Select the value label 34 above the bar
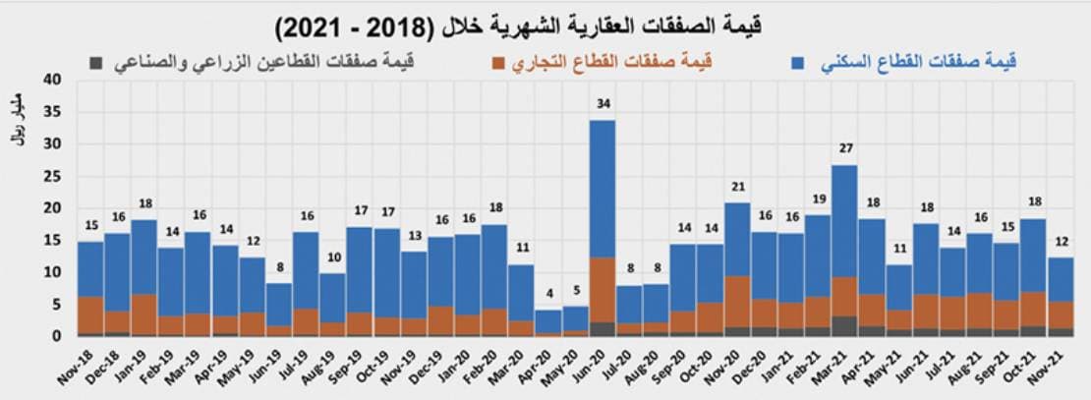603,103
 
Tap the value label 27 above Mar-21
844,148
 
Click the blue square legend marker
798,63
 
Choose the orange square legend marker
498,63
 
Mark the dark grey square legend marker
95,63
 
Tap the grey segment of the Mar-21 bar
844,326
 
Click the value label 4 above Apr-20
548,293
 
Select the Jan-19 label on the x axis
137,367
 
